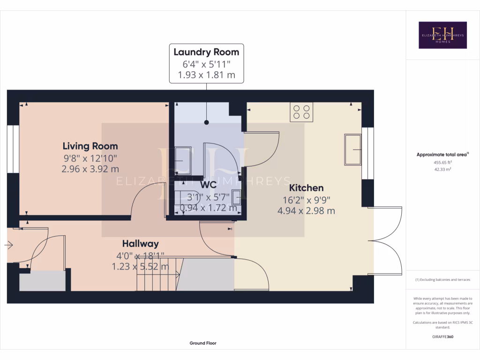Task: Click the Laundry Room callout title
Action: point(206,52)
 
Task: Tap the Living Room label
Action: point(90,146)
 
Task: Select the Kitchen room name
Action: point(306,188)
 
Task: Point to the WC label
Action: point(209,185)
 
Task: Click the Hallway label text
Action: point(140,244)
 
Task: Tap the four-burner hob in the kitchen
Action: point(301,112)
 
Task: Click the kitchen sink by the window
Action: point(353,150)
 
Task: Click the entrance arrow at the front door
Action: point(9,245)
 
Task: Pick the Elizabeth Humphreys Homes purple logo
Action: point(442,35)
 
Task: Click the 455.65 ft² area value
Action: point(442,163)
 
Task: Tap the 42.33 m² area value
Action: point(442,170)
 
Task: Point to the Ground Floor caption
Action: point(203,343)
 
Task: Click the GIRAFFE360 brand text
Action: point(443,337)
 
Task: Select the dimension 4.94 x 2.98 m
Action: point(306,211)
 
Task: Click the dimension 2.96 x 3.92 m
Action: point(90,169)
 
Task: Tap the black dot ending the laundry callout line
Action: point(206,123)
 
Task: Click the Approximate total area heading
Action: point(442,155)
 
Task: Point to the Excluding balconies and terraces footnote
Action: point(442,280)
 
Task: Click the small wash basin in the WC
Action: point(236,195)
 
